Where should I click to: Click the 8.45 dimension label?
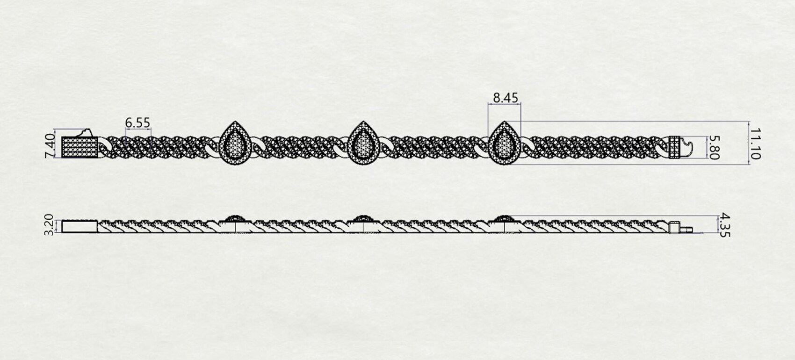point(506,98)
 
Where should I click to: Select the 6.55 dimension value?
point(137,122)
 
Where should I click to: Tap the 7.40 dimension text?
point(50,145)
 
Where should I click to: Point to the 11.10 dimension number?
point(755,144)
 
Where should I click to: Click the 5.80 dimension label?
point(713,148)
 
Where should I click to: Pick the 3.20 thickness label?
point(48,224)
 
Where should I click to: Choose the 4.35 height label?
point(724,225)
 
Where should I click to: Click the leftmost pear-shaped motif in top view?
point(235,143)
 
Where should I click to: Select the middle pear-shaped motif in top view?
point(363,143)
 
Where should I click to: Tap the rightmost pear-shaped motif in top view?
point(504,143)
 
